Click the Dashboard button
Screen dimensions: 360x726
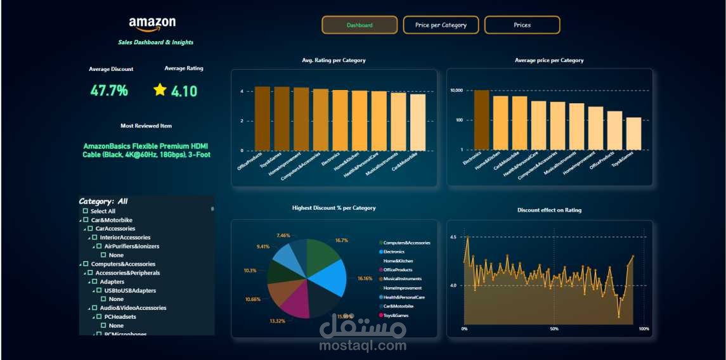point(360,25)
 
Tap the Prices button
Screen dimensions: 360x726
point(522,25)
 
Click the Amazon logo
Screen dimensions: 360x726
point(152,24)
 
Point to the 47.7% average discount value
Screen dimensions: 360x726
point(109,91)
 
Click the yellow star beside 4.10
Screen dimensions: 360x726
point(160,90)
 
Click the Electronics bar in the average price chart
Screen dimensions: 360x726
point(482,120)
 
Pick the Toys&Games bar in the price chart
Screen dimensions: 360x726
point(633,133)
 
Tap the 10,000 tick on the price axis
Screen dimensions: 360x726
point(457,91)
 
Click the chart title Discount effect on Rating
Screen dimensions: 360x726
point(549,210)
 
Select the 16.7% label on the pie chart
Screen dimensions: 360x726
point(342,240)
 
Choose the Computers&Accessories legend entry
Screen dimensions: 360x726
point(406,243)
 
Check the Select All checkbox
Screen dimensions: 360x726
point(86,211)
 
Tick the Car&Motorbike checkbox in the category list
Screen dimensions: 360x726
point(86,220)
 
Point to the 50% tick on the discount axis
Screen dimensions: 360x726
point(554,329)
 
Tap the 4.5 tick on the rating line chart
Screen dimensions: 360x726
point(453,237)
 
